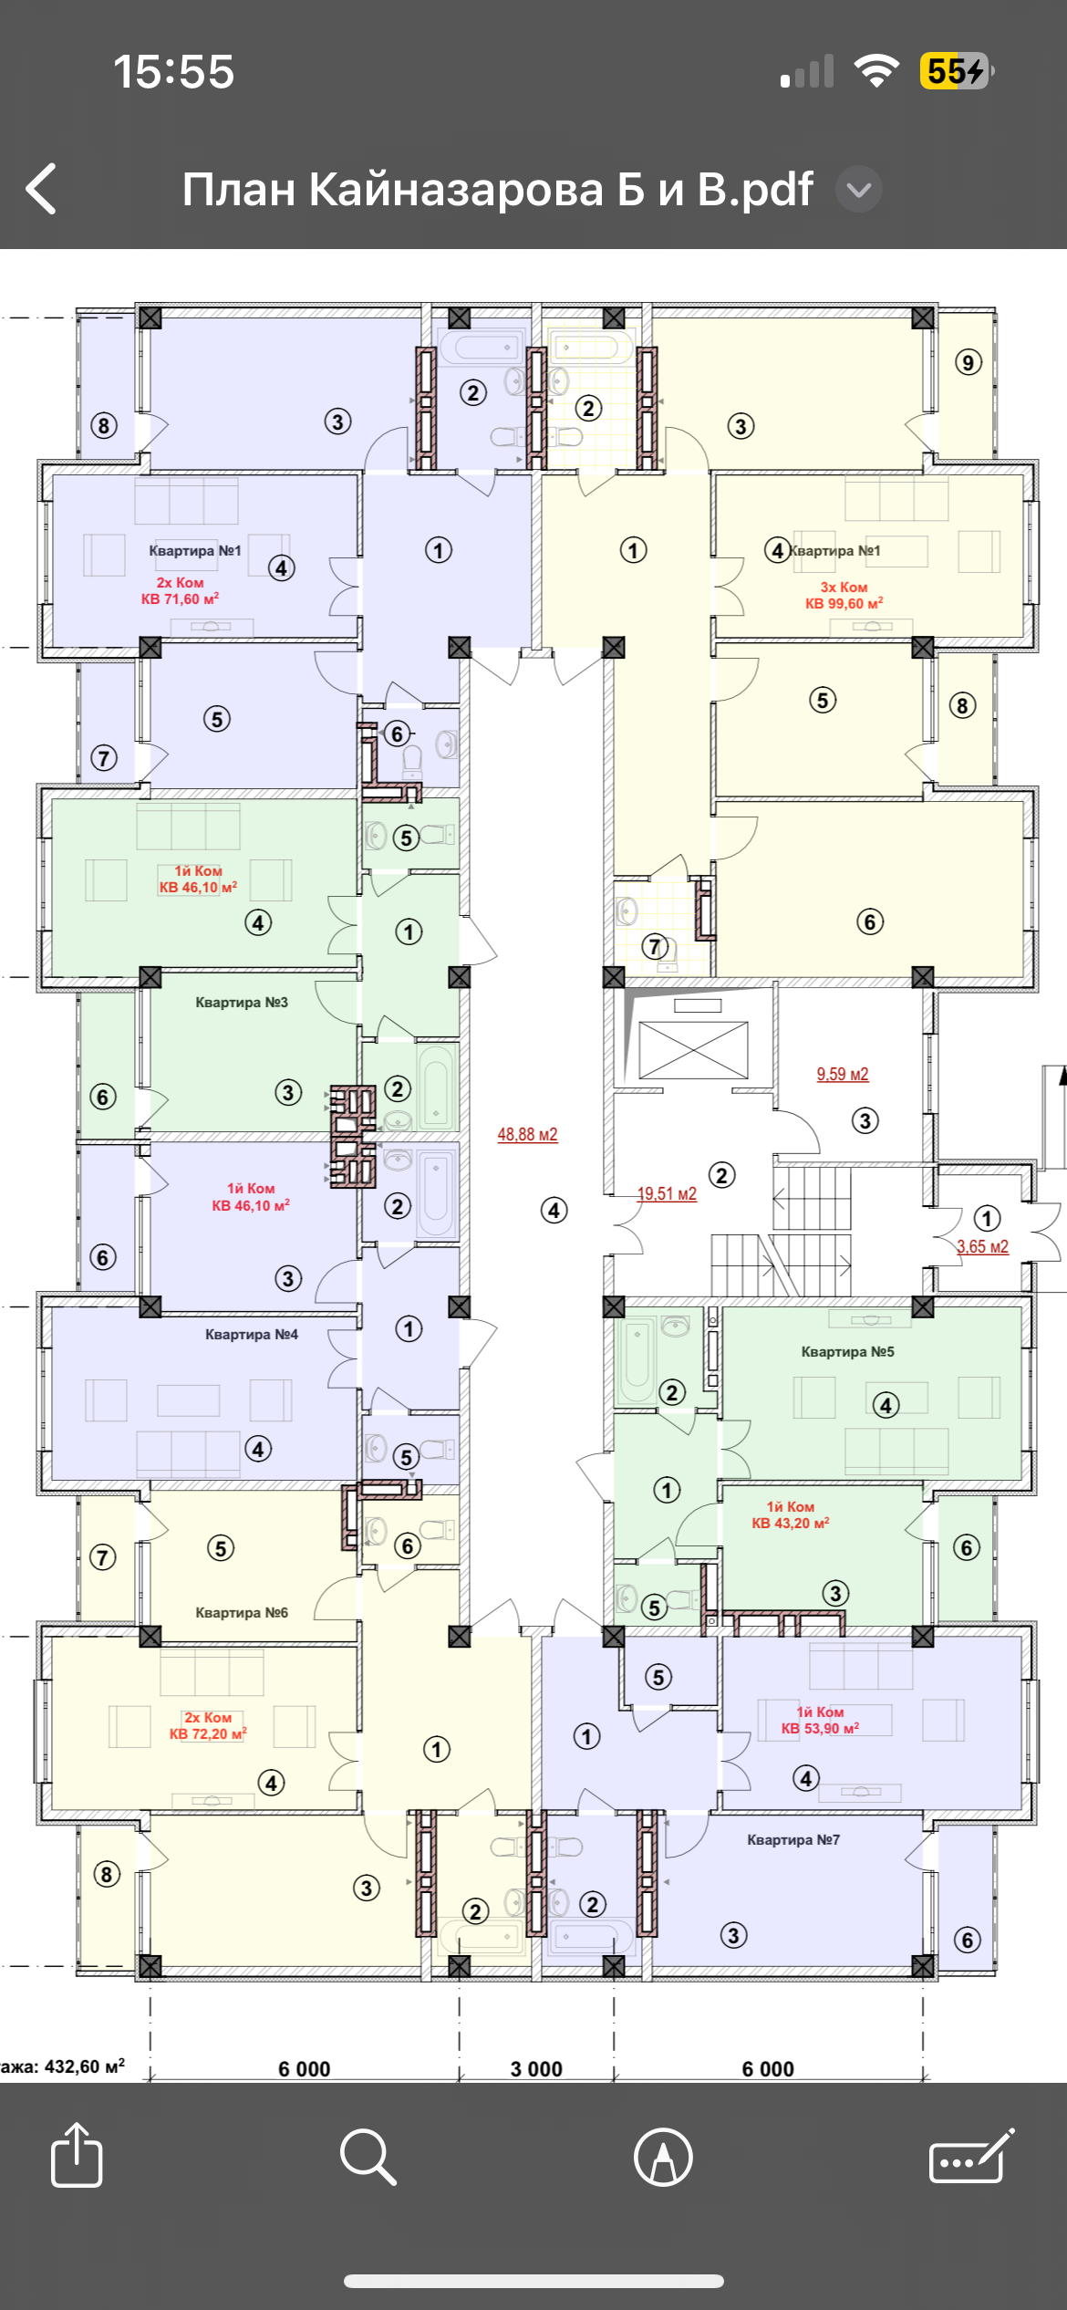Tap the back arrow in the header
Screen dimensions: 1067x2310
pos(41,189)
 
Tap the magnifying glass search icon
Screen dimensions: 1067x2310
pos(368,2157)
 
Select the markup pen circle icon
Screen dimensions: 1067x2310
pos(663,2157)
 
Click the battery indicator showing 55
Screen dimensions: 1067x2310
pos(957,71)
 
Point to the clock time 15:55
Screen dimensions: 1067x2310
pos(173,71)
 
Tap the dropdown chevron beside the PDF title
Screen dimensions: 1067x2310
pos(859,190)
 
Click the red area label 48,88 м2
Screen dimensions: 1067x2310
pos(527,1135)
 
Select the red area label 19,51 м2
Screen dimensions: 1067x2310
pos(667,1194)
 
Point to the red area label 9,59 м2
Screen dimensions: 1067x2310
pos(843,1075)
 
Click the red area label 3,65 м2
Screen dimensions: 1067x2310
pos(982,1247)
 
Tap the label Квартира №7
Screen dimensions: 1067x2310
pos(793,1840)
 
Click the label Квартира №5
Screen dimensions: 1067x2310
pos(848,1352)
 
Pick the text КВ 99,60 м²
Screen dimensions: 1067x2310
pos(844,604)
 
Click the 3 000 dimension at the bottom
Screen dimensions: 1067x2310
pos(536,2069)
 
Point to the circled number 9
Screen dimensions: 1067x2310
pos(969,363)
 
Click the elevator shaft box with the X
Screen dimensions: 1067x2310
pos(693,1050)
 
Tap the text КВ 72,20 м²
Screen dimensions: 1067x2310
pos(208,1734)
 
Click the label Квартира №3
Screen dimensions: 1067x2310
pos(242,1003)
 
